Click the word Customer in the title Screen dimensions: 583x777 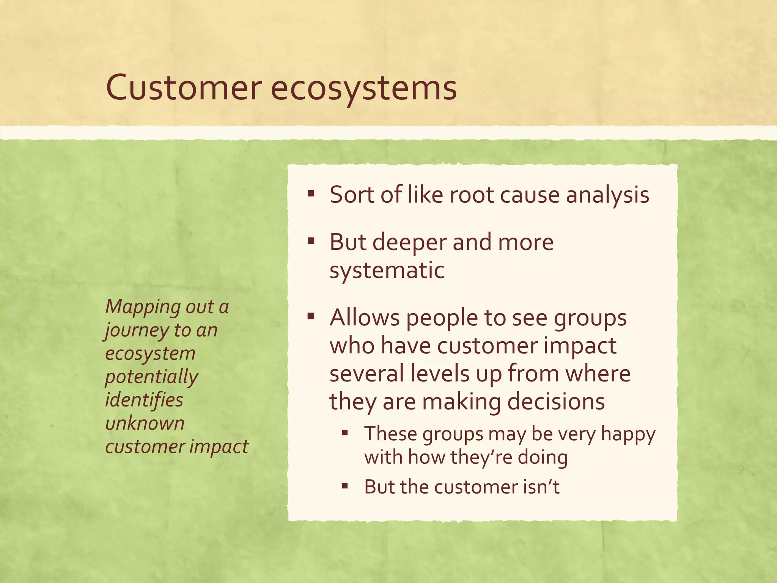(184, 88)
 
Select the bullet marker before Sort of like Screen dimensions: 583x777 (311, 194)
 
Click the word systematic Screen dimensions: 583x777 (387, 271)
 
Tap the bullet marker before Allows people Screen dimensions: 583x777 (311, 316)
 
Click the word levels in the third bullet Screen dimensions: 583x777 (440, 373)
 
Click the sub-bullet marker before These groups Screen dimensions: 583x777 (344, 433)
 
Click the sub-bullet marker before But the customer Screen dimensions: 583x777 (344, 486)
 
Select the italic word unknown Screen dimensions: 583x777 (145, 423)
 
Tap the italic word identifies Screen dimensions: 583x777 (144, 400)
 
